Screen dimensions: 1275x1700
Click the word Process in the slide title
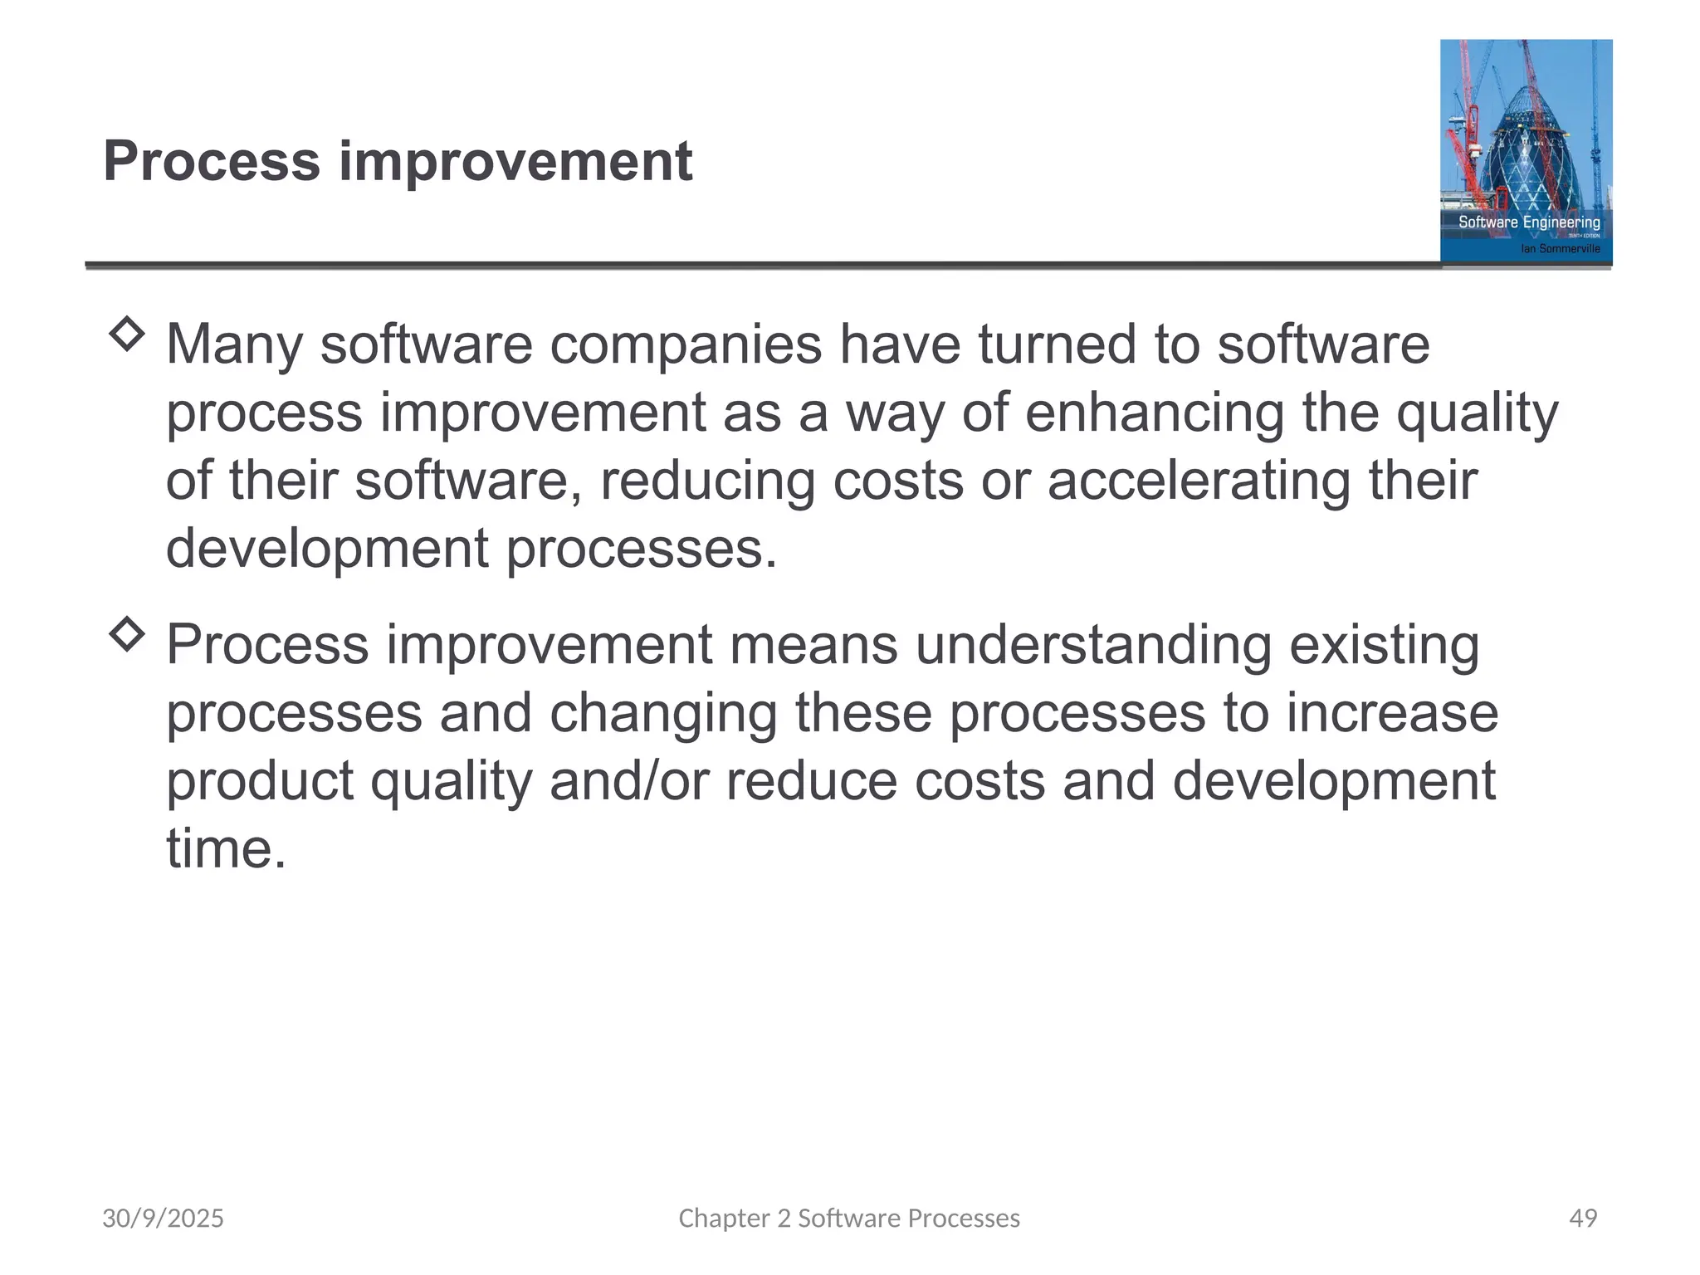point(212,161)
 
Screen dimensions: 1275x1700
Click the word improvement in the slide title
point(515,161)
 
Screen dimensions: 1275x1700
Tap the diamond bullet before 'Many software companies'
point(127,335)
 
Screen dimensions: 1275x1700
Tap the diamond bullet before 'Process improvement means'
point(127,635)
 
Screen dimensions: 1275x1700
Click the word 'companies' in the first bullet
point(686,344)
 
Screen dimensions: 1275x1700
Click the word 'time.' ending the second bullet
point(226,849)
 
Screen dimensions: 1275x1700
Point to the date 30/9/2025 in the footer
point(163,1218)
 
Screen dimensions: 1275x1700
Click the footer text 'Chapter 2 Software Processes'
point(849,1218)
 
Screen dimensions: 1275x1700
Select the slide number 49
point(1583,1218)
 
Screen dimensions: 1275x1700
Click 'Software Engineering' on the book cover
point(1529,222)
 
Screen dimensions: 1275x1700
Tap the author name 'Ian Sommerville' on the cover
point(1560,248)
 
